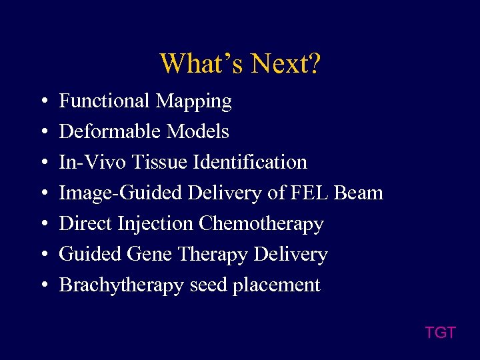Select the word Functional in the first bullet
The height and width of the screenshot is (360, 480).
click(105, 101)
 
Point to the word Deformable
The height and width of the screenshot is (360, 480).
click(110, 131)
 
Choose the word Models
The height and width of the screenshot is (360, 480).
click(198, 131)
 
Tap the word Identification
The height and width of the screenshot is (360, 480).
click(259, 162)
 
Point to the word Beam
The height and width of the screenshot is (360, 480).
click(358, 193)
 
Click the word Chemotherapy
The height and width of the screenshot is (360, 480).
click(262, 224)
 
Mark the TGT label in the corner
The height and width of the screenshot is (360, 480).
click(440, 332)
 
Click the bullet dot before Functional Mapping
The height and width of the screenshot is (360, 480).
click(43, 101)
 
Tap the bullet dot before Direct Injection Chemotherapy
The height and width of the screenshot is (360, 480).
click(43, 224)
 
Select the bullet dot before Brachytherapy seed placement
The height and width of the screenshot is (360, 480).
click(43, 285)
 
